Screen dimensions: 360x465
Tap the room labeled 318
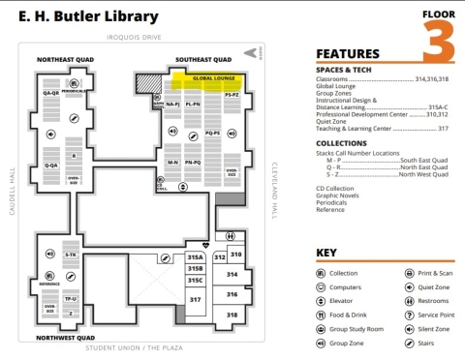[x=232, y=315]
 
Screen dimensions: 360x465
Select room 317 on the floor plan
[x=196, y=300]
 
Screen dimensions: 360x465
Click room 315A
[x=196, y=257]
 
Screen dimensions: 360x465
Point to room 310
[x=235, y=254]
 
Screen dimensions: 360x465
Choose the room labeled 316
[x=232, y=294]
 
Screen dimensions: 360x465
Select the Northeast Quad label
[x=64, y=60]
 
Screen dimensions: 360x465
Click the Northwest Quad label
[x=65, y=338]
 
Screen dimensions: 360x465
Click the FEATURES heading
[x=347, y=53]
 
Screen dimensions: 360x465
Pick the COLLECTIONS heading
[x=342, y=143]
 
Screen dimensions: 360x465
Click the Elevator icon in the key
[x=322, y=300]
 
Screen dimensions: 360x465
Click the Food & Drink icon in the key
[x=322, y=315]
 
